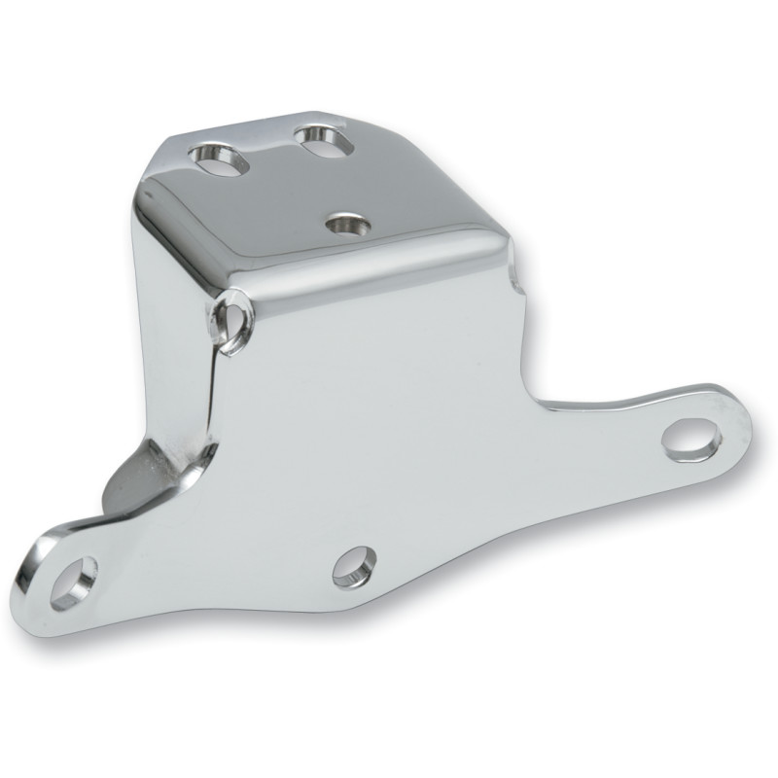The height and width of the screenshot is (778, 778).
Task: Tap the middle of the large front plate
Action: (389, 418)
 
